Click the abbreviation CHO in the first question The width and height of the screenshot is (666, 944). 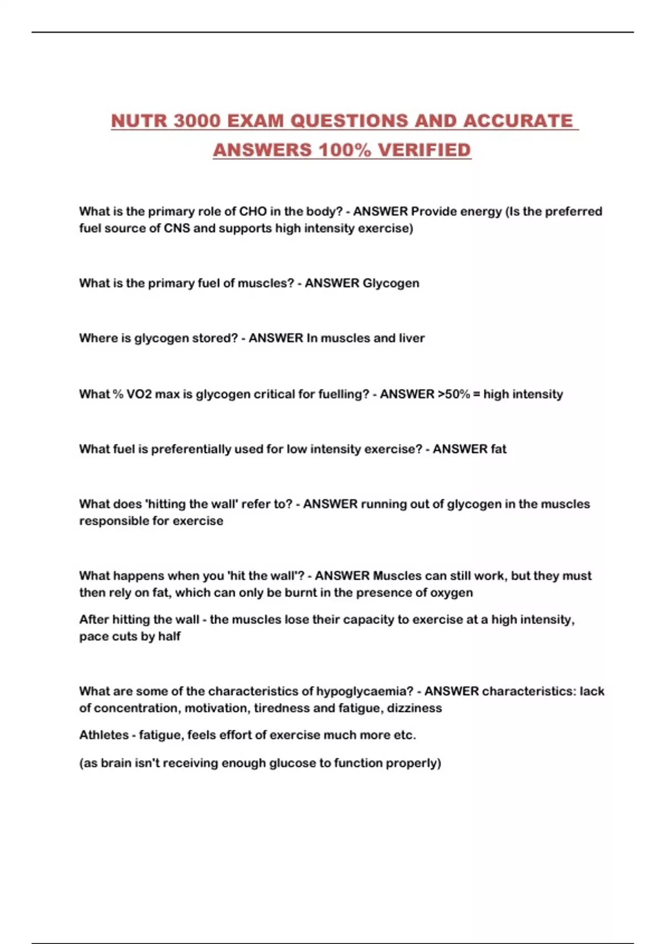click(x=253, y=212)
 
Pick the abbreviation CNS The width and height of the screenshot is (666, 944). click(x=176, y=228)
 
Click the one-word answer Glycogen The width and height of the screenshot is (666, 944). click(x=391, y=284)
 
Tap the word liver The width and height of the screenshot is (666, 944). click(x=411, y=338)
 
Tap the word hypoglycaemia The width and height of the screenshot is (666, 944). click(x=364, y=692)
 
